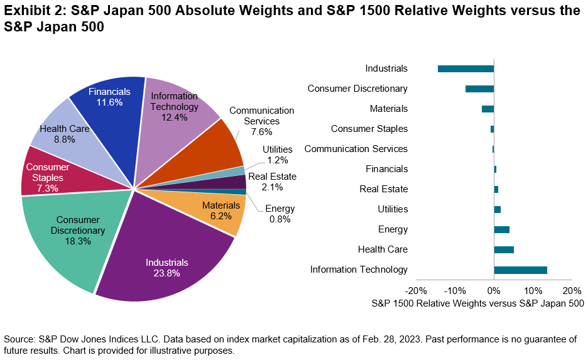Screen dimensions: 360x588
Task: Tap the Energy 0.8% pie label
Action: (x=280, y=214)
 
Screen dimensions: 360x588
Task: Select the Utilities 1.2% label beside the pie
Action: (x=277, y=155)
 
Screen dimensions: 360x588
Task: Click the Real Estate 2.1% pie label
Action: (x=272, y=182)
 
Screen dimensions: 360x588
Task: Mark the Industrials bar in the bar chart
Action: (x=465, y=68)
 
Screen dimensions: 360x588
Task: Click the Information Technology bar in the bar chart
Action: (x=520, y=270)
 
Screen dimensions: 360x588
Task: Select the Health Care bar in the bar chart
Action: (x=504, y=249)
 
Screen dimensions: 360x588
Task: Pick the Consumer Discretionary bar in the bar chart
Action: (x=479, y=89)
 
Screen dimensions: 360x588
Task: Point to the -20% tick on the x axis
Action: (x=416, y=291)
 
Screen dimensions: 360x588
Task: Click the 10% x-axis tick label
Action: (x=533, y=291)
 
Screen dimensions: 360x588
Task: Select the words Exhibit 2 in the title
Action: (x=32, y=11)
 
